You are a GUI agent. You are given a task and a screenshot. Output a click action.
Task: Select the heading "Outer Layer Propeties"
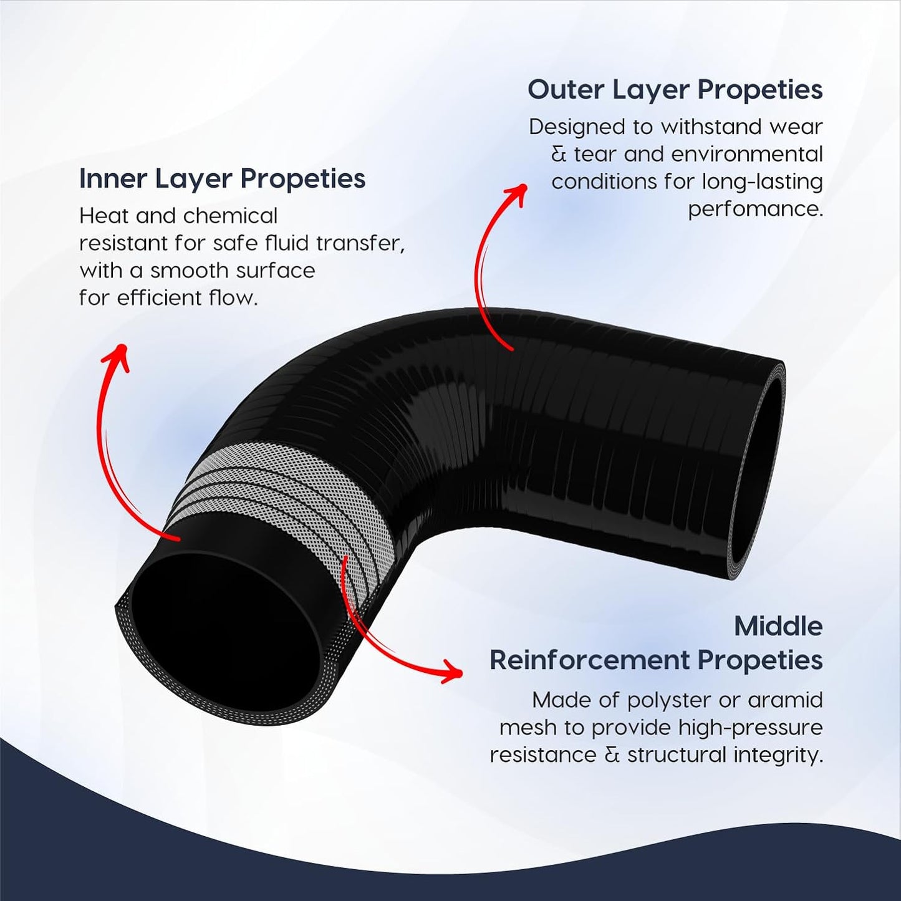pyautogui.click(x=675, y=90)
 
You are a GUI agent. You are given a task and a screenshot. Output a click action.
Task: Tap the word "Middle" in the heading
pyautogui.click(x=779, y=627)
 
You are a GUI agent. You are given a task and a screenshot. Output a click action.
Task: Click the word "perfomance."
pyautogui.click(x=755, y=210)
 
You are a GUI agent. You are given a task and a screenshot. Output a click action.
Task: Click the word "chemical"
pyautogui.click(x=231, y=216)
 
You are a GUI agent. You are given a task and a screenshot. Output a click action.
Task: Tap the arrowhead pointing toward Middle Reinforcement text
pyautogui.click(x=451, y=672)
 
